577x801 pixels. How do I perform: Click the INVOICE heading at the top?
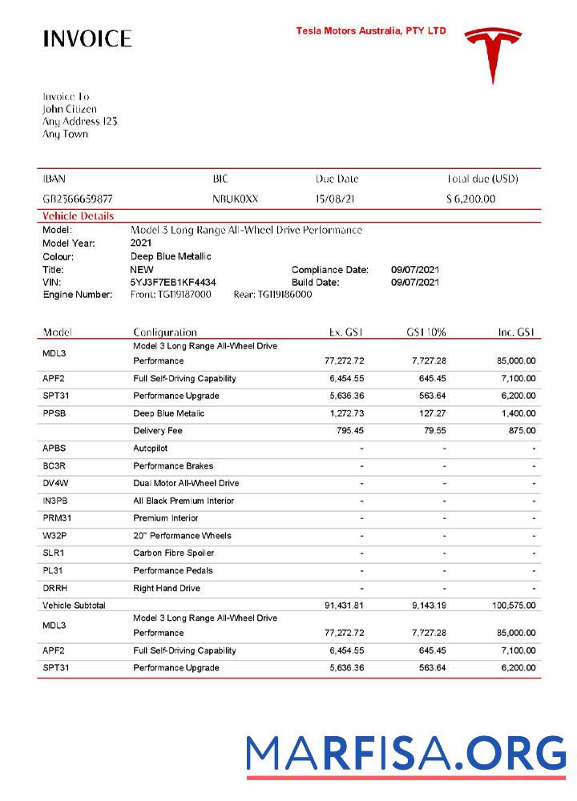pos(87,38)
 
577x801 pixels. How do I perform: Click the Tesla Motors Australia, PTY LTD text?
pos(371,31)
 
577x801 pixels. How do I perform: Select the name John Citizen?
pos(70,109)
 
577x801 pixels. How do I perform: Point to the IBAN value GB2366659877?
pos(78,199)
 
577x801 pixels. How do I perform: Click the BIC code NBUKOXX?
pos(236,199)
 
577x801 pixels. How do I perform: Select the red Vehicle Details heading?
pos(78,216)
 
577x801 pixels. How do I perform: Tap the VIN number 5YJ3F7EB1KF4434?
pos(172,282)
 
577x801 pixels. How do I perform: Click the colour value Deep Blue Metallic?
pos(171,256)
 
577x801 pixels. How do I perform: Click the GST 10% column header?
pos(426,332)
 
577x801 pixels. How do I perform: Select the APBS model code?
pos(55,449)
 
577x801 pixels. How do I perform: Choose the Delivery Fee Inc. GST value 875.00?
pos(521,431)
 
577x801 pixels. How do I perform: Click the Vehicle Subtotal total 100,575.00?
pos(514,606)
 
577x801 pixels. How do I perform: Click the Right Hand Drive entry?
pos(167,588)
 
